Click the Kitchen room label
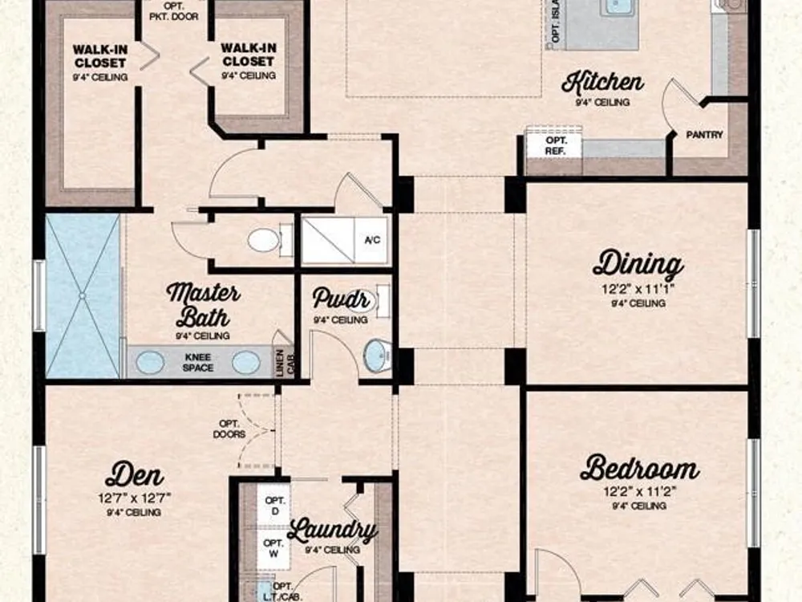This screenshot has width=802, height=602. coord(602,83)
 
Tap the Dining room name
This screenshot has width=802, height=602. coord(638,265)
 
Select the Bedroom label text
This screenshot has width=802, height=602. coord(640,468)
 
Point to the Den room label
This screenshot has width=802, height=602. coord(135,474)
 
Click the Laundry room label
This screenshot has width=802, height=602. coord(332,531)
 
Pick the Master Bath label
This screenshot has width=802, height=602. coord(203,304)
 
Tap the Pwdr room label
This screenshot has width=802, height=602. coord(341,299)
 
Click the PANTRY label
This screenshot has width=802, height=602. coord(704,135)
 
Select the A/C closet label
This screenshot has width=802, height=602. coord(372,240)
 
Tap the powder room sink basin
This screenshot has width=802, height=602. coord(377,354)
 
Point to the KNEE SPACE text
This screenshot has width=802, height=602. coord(198,363)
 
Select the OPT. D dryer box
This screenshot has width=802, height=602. coord(274,505)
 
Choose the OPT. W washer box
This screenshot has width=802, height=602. coord(273,548)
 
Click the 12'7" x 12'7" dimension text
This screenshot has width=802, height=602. coord(135,497)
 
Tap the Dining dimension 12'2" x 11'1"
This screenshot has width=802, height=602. coord(638,289)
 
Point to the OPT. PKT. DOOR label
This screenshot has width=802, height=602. coord(174,11)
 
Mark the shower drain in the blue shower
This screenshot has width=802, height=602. coord(82,295)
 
